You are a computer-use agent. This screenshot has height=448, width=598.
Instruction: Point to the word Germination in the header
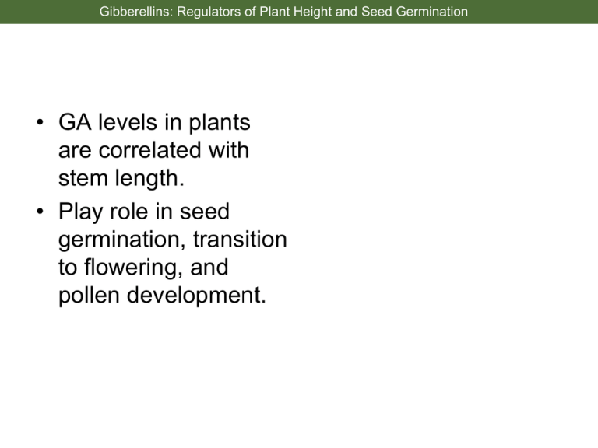click(x=431, y=12)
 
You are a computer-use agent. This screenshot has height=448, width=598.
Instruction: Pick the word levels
click(x=128, y=122)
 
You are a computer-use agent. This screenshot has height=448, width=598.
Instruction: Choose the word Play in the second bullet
click(x=80, y=212)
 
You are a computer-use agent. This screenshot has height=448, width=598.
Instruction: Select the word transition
click(x=240, y=240)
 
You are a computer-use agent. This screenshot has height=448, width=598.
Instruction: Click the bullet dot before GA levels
click(x=40, y=122)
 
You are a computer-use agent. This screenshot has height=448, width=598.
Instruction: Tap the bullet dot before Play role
click(x=40, y=211)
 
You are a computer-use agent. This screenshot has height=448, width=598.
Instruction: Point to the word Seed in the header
click(x=377, y=12)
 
